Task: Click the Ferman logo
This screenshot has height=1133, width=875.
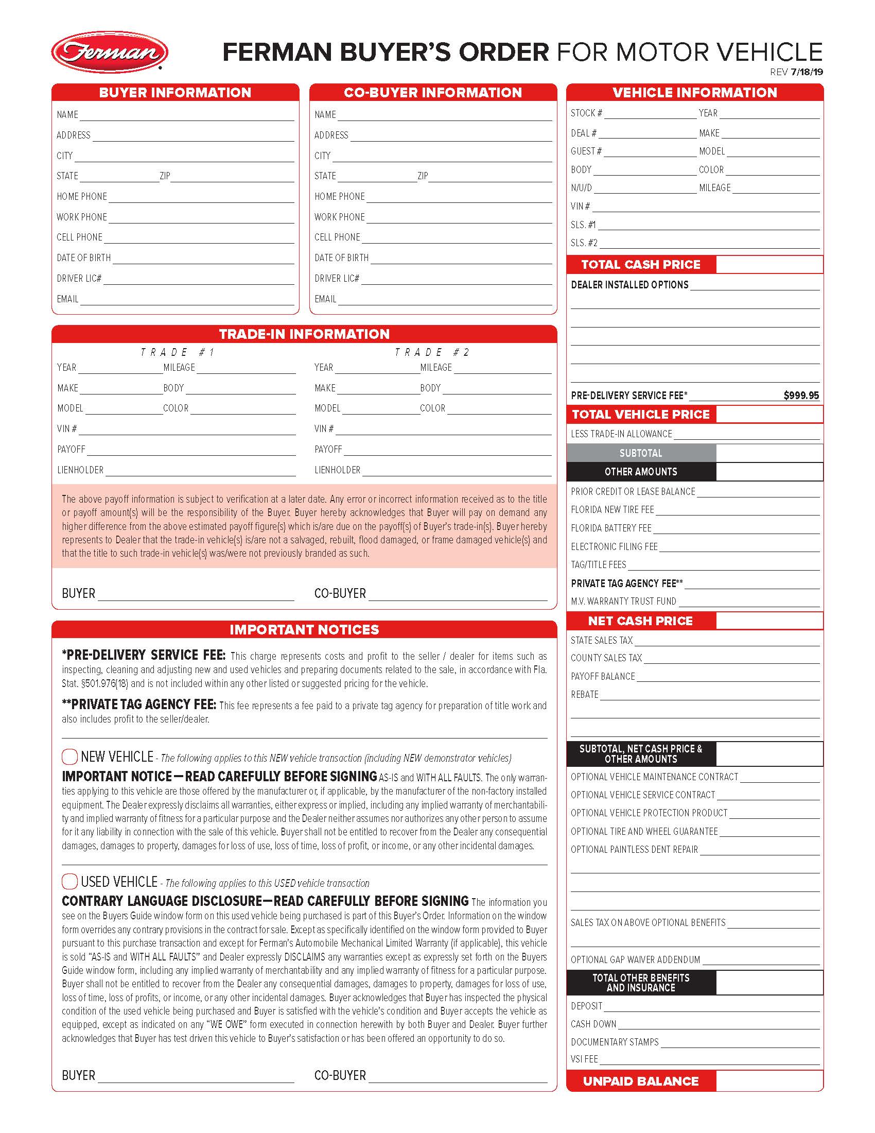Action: [x=109, y=52]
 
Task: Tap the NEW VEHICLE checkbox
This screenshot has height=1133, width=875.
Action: [x=69, y=757]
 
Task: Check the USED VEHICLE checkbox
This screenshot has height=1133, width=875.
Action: [x=69, y=881]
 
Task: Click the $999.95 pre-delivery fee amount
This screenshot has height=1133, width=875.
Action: [x=801, y=396]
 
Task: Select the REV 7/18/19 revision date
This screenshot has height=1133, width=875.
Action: [x=796, y=72]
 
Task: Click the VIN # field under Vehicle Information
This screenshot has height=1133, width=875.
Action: [x=705, y=207]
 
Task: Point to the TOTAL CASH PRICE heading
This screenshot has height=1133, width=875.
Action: [x=641, y=265]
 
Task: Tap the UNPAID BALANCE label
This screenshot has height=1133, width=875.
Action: [x=641, y=1081]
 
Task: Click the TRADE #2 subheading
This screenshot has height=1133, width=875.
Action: [x=432, y=352]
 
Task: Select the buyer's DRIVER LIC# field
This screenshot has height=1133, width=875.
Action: [x=198, y=279]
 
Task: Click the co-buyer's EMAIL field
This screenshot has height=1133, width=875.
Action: [x=445, y=299]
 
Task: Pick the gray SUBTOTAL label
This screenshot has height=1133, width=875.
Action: [x=641, y=453]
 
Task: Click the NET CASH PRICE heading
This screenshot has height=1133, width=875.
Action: [x=641, y=621]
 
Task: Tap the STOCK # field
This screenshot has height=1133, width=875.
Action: [x=650, y=114]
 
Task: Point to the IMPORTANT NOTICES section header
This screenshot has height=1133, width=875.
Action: [x=304, y=630]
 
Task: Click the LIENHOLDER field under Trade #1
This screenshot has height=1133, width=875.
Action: [x=200, y=471]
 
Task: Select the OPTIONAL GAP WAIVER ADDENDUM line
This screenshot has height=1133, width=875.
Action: [x=760, y=960]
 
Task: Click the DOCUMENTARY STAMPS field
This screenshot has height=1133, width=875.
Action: [x=740, y=1042]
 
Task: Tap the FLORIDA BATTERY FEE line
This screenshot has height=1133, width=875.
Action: [x=736, y=528]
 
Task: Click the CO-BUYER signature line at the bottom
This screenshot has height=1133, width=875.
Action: [x=458, y=1076]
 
